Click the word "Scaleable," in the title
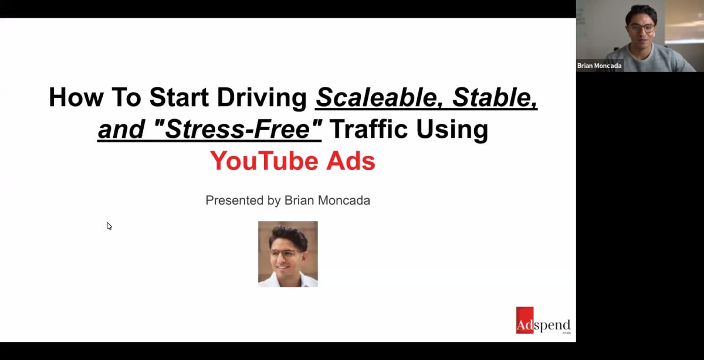tap(374, 97)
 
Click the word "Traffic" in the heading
tap(367, 130)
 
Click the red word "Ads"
tap(351, 161)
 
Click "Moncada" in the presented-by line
tap(344, 201)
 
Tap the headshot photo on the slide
tap(288, 254)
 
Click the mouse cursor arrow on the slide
tap(109, 226)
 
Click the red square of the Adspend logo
tap(524, 320)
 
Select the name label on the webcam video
tap(599, 66)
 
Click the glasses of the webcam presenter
tap(640, 28)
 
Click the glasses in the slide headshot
tap(286, 253)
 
